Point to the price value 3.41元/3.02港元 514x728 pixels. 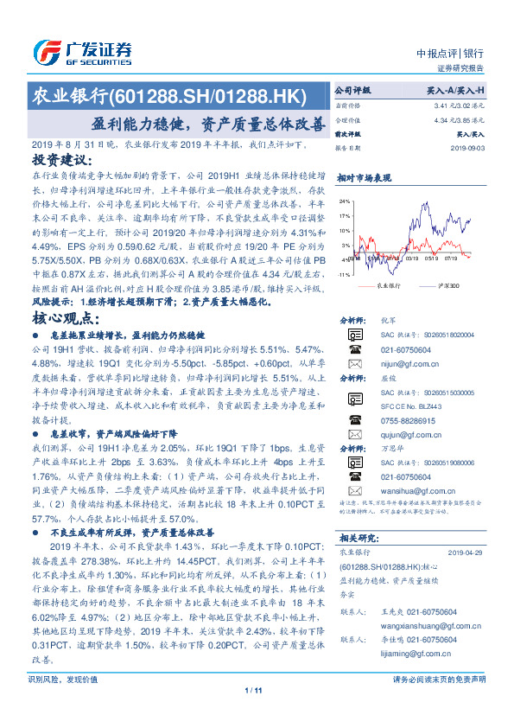pos(456,105)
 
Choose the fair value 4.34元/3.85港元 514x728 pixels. pos(456,120)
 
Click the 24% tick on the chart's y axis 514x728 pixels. pos(345,201)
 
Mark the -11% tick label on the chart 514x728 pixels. pos(343,275)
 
